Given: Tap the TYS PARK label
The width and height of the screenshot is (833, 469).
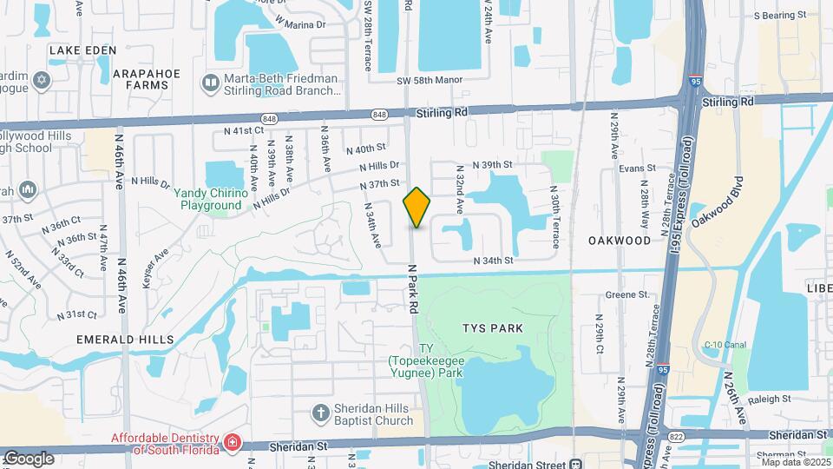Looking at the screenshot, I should [494, 328].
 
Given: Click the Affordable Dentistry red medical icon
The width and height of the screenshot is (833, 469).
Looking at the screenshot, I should [231, 443].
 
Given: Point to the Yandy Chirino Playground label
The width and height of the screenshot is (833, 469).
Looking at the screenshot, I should [207, 199].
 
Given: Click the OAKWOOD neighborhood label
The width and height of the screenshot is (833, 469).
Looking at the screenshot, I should [619, 240].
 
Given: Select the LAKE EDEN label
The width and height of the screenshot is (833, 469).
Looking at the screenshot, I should [82, 50].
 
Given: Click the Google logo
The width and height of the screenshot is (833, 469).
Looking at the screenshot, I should [29, 458].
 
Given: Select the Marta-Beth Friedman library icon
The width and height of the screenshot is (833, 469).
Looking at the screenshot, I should [210, 83].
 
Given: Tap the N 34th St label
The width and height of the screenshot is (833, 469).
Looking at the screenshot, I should [494, 261].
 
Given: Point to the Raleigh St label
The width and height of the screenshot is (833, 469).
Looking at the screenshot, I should [769, 398].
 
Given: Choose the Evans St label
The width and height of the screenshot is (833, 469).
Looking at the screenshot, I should [637, 170].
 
